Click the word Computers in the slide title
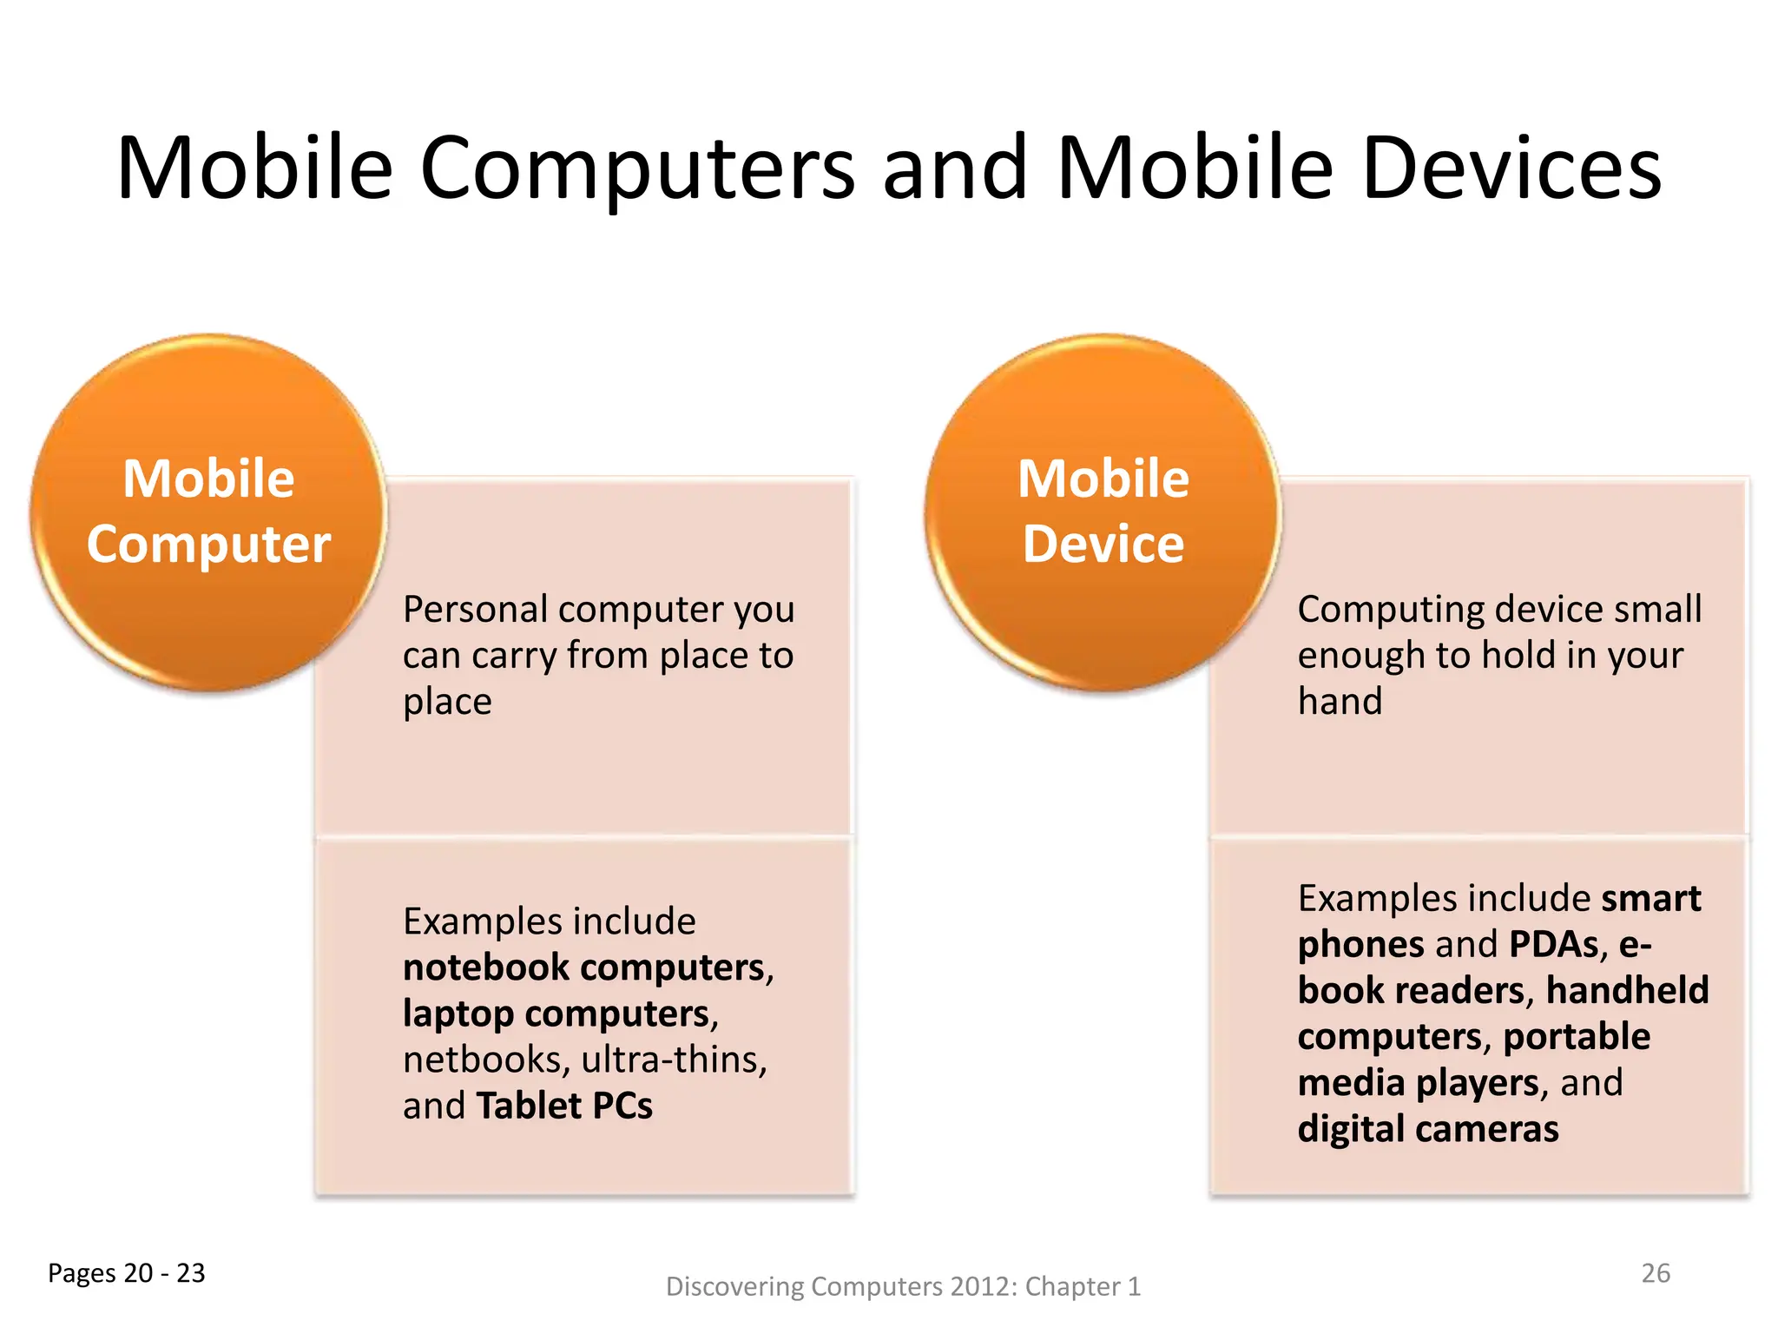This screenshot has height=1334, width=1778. tap(637, 168)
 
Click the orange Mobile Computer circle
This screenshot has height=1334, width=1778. tap(208, 512)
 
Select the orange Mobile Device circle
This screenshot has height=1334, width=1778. tap(1103, 512)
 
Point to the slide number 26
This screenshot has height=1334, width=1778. tap(1655, 1272)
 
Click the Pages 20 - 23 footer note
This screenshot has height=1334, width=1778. tap(127, 1272)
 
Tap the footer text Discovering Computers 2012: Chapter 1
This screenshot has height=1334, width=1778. tap(903, 1286)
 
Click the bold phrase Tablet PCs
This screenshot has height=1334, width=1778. tap(564, 1106)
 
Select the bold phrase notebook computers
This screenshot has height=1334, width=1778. tap(583, 967)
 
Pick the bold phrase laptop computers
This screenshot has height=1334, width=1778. tap(556, 1014)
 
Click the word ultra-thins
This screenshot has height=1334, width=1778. tap(674, 1060)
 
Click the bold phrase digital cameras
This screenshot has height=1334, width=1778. tap(1428, 1129)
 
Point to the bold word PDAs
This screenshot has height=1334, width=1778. tap(1554, 944)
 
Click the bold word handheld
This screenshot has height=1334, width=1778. tap(1627, 990)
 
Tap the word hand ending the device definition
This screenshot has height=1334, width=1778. tap(1340, 701)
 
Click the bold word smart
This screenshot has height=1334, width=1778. tap(1650, 898)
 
